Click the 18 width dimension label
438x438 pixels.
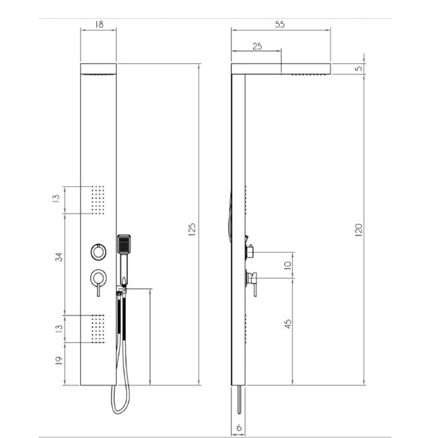99,24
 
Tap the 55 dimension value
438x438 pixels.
279,24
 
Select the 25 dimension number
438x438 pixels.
257,46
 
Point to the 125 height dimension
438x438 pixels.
192,230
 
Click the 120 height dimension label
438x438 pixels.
358,230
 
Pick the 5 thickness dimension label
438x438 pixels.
359,68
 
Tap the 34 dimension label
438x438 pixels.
59,257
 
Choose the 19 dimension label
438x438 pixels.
58,360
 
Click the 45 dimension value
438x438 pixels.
288,324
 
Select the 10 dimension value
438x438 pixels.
287,265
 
